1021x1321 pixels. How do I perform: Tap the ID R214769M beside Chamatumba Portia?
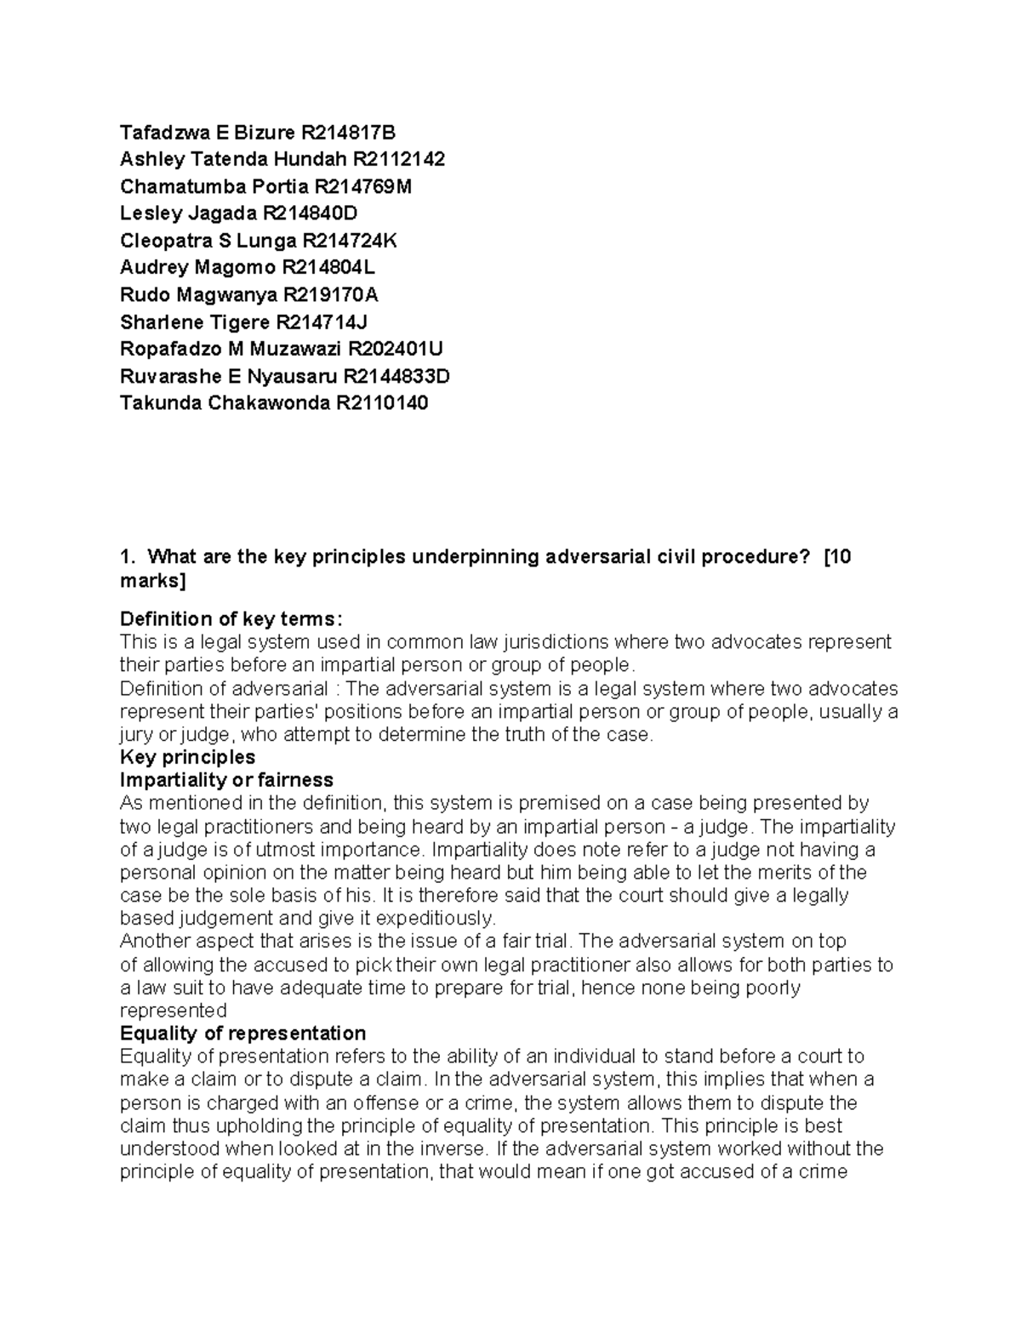pyautogui.click(x=362, y=187)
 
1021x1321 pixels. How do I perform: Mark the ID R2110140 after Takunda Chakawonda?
pyautogui.click(x=382, y=403)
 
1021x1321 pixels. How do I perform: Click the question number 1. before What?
pyautogui.click(x=128, y=557)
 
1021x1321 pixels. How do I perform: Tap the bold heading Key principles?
pyautogui.click(x=188, y=757)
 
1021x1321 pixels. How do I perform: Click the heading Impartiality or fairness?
pyautogui.click(x=226, y=780)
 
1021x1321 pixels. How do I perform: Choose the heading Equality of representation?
pyautogui.click(x=243, y=1033)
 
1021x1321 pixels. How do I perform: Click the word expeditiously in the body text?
pyautogui.click(x=435, y=919)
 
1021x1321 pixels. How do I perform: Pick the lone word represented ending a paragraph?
pyautogui.click(x=174, y=1011)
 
